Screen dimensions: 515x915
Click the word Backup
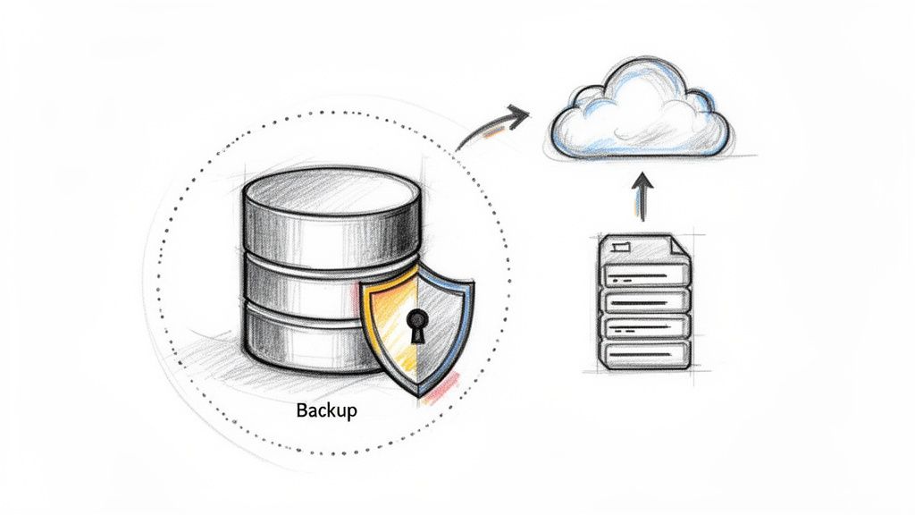click(x=325, y=411)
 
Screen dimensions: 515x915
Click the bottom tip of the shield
click(x=416, y=394)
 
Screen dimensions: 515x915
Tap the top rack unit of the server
click(x=645, y=274)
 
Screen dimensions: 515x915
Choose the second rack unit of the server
click(x=645, y=300)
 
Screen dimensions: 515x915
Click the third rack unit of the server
click(x=645, y=326)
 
